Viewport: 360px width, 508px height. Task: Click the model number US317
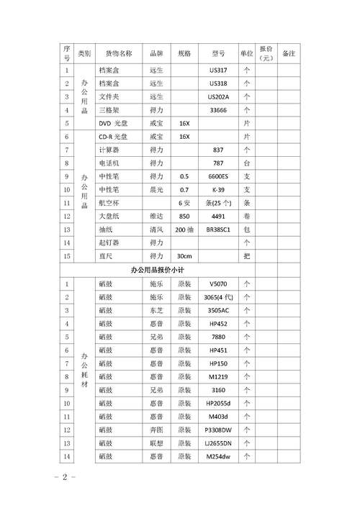pyautogui.click(x=218, y=71)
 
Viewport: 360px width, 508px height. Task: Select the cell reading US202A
pyautogui.click(x=218, y=97)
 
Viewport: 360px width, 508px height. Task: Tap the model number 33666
pyautogui.click(x=218, y=110)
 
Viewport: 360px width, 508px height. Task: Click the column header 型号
pyautogui.click(x=218, y=53)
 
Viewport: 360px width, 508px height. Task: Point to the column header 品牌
pyautogui.click(x=156, y=53)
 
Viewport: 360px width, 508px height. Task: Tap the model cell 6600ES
pyautogui.click(x=218, y=176)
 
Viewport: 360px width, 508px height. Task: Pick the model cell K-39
pyautogui.click(x=218, y=189)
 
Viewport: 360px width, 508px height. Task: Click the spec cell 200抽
pyautogui.click(x=184, y=230)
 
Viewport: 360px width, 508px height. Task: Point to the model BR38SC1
pyautogui.click(x=218, y=230)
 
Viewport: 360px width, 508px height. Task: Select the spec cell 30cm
pyautogui.click(x=184, y=255)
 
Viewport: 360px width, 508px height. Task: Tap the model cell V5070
pyautogui.click(x=218, y=284)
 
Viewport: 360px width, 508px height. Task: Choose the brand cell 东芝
pyautogui.click(x=156, y=310)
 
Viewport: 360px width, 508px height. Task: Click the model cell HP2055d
pyautogui.click(x=218, y=403)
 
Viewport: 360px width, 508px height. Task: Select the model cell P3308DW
pyautogui.click(x=218, y=430)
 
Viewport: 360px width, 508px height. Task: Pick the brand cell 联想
pyautogui.click(x=156, y=443)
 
